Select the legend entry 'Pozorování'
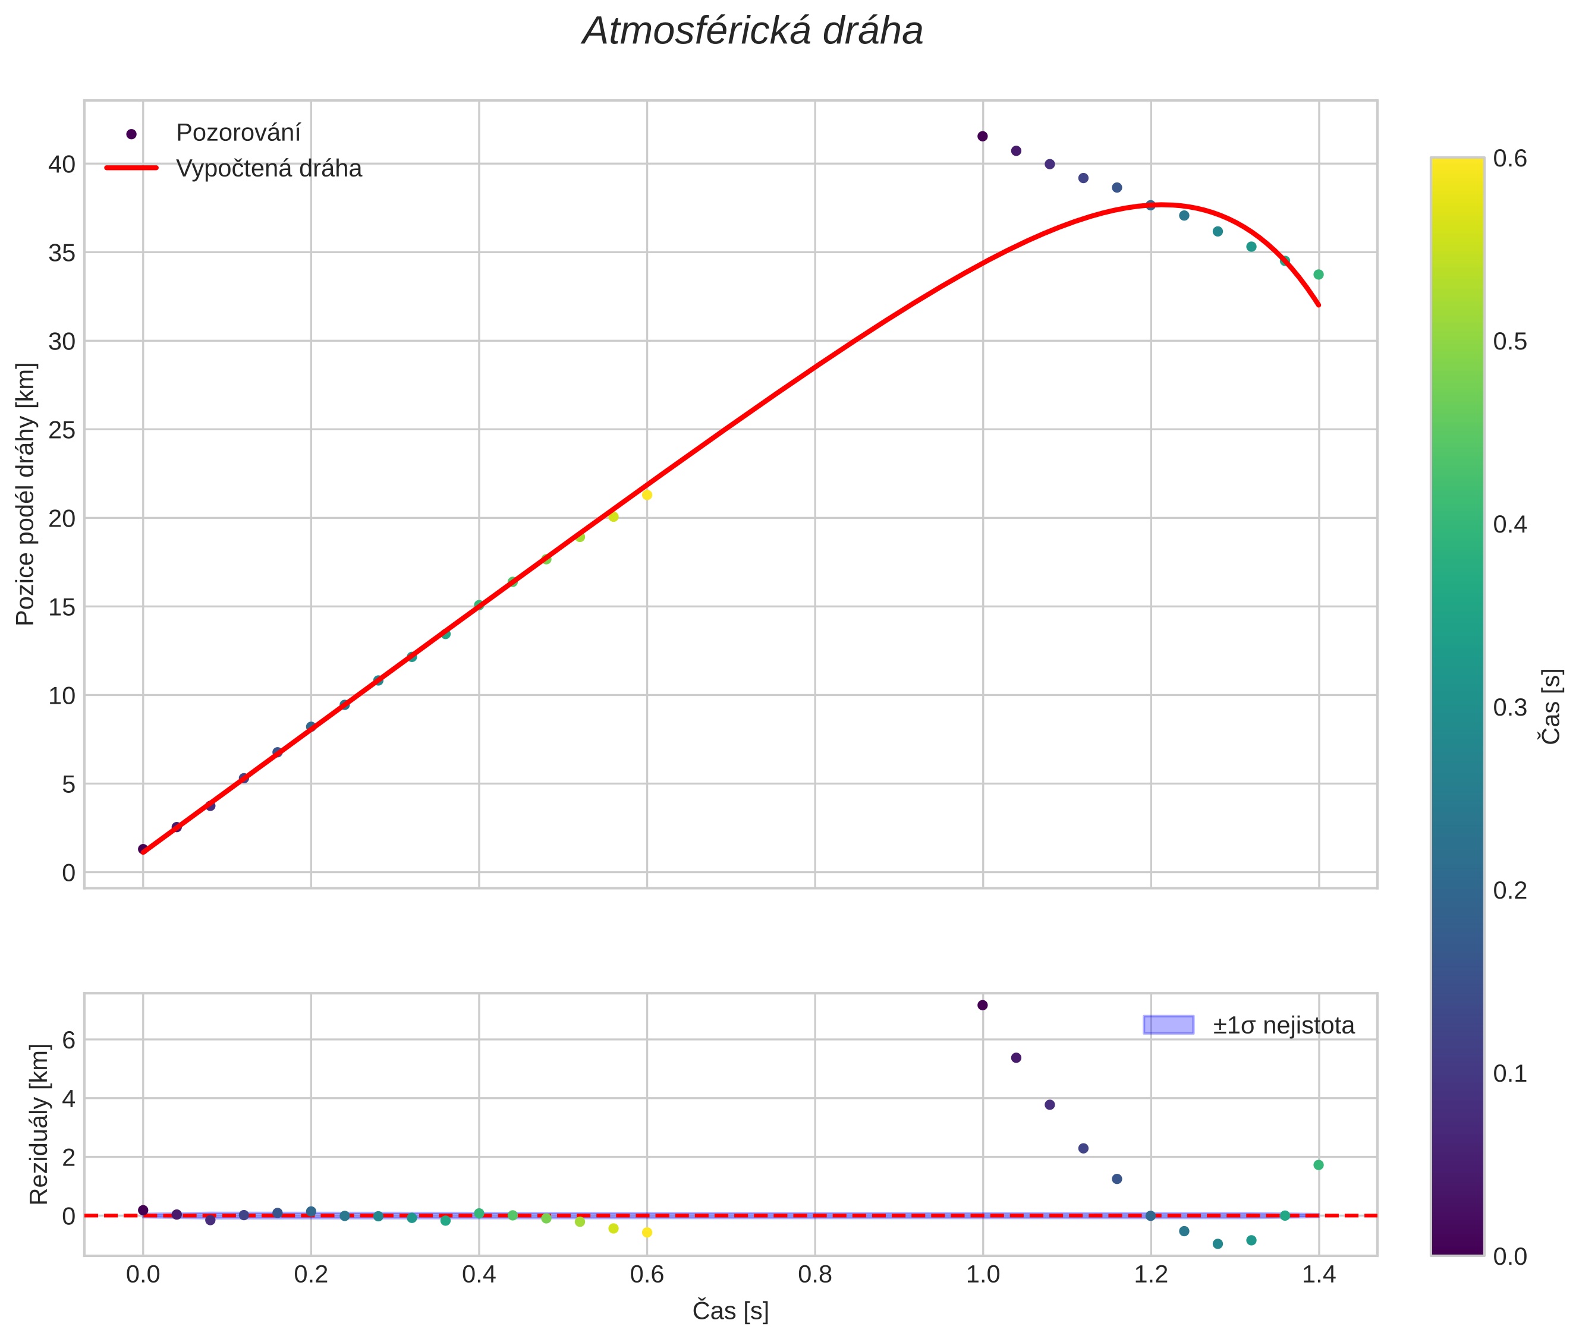[238, 133]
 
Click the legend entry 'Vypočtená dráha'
[269, 169]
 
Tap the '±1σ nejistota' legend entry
[1283, 1026]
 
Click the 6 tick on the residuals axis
[68, 1039]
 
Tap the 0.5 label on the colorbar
[1510, 342]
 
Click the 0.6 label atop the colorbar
[1510, 158]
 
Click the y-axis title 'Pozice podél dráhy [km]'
[26, 494]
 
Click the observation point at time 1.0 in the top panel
[982, 136]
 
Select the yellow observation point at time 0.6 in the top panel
[647, 495]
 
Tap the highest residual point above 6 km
[982, 1005]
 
